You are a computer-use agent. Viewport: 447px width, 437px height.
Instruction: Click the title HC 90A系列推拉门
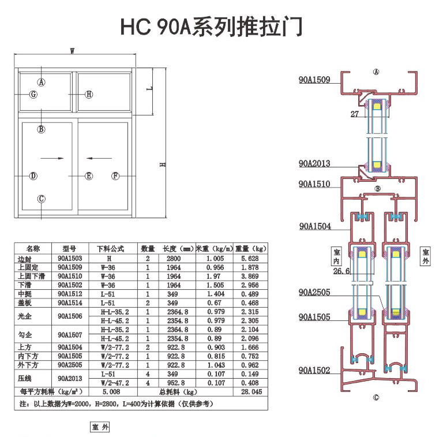coord(211,27)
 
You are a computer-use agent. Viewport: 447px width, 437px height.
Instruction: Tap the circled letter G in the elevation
coord(33,94)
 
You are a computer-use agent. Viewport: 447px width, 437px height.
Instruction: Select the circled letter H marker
coord(89,94)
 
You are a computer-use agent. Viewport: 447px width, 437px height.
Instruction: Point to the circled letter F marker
coord(115,175)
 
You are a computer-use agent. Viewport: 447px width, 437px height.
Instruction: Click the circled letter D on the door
coord(33,175)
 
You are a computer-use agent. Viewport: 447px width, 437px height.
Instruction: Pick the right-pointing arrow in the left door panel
coord(53,157)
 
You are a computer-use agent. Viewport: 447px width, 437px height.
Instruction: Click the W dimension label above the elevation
coord(72,51)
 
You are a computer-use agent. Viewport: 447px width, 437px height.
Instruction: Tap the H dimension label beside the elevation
coord(163,165)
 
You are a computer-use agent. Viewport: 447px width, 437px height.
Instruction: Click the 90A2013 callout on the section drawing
coord(314,163)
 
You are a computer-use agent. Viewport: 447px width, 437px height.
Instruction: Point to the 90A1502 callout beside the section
coord(314,370)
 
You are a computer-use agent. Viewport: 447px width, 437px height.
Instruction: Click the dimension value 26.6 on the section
coord(341,271)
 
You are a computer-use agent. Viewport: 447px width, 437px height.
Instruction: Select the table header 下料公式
coord(114,249)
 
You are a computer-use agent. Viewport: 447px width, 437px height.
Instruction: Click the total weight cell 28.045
coord(251,391)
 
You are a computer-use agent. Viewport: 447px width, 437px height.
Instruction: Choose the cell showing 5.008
coord(114,391)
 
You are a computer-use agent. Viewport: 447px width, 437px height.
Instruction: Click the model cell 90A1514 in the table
coord(70,302)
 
